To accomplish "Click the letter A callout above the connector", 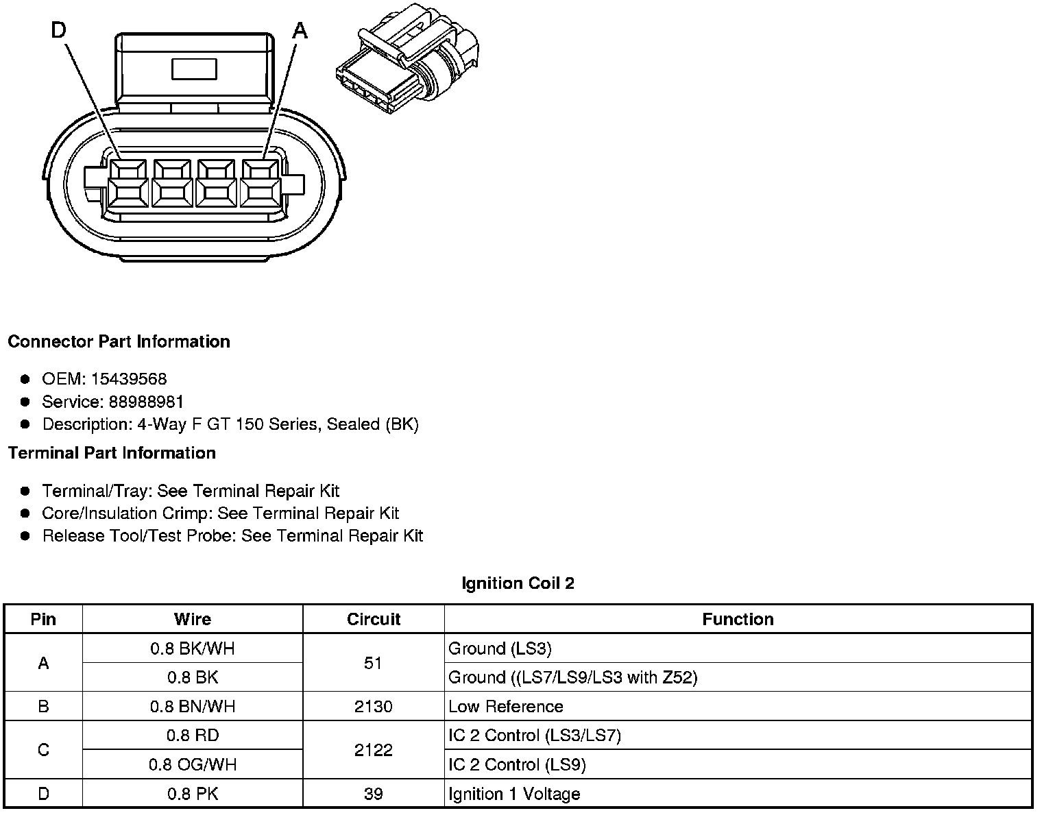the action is coord(300,30).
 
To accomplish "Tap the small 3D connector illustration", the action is coord(407,66).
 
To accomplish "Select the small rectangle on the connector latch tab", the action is coord(195,69).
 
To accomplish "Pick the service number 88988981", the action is coord(146,402).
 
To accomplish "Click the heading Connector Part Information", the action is coord(119,341).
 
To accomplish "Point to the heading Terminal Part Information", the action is coord(112,453).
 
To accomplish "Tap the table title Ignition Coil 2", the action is coord(518,583).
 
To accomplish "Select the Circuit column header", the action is coord(374,619).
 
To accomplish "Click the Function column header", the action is coord(738,619).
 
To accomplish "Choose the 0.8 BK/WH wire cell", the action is coord(193,648).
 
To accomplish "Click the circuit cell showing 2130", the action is coord(374,706).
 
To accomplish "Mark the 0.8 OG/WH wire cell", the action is coord(193,764).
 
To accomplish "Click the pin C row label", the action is coord(43,750).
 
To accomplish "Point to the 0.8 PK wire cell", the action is coord(193,794).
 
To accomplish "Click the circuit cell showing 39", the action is coord(374,794).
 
